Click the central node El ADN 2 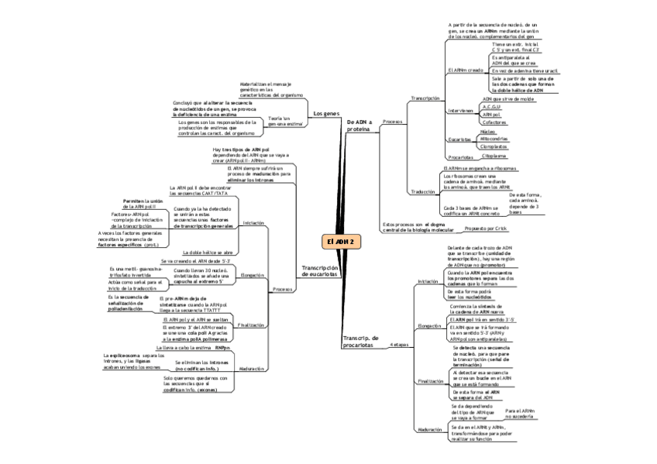[339, 242]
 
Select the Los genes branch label [326, 114]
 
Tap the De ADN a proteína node [359, 125]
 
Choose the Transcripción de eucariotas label [319, 270]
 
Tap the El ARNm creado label [466, 70]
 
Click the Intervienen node [460, 111]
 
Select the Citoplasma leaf [494, 156]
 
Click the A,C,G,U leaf [490, 107]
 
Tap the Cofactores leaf [494, 122]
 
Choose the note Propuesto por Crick [485, 229]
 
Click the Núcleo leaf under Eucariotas [489, 132]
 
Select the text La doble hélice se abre [208, 253]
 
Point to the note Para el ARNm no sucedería [519, 414]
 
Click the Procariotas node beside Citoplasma [461, 156]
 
